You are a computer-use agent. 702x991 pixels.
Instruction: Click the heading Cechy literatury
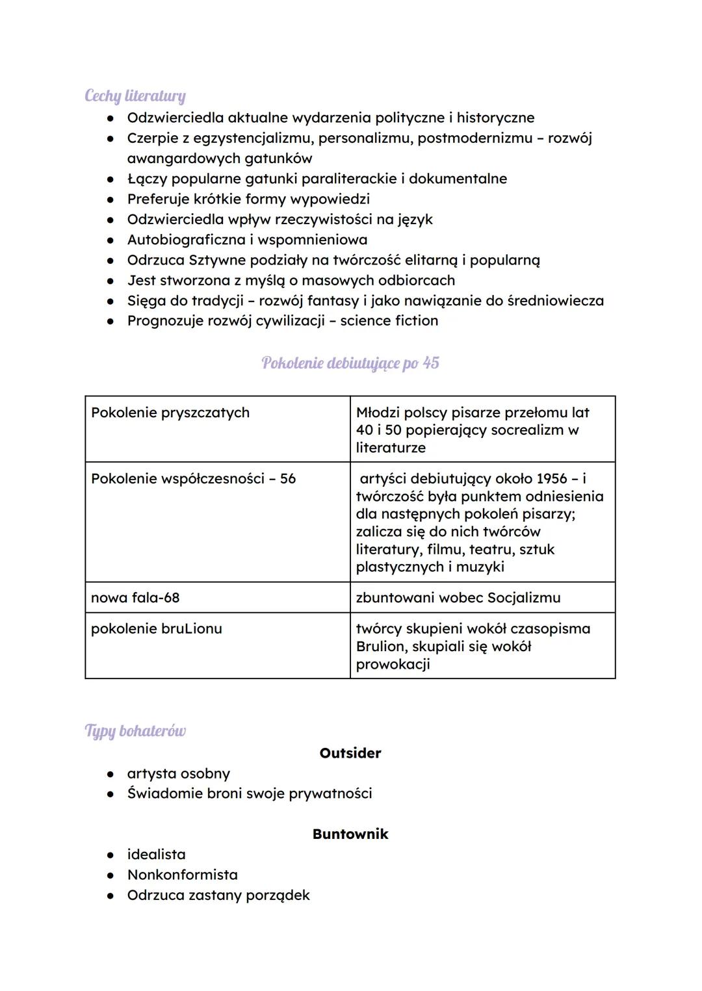click(x=135, y=96)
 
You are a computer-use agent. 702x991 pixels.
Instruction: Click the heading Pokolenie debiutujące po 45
click(x=350, y=363)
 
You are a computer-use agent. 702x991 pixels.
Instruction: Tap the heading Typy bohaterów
click(x=135, y=731)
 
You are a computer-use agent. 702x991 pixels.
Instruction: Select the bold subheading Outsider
click(x=350, y=753)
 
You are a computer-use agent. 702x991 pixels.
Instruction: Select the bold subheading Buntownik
click(x=350, y=834)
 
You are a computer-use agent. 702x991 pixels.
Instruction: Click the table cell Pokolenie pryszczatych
click(x=170, y=413)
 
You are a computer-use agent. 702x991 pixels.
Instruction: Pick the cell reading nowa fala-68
click(x=135, y=598)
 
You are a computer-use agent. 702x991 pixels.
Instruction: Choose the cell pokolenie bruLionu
click(x=157, y=629)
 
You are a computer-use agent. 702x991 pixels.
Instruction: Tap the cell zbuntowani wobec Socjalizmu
click(x=458, y=598)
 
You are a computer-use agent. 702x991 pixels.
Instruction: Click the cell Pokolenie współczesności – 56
click(x=193, y=479)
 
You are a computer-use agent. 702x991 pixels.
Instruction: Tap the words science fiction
click(x=389, y=321)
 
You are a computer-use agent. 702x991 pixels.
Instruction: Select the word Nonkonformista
click(x=183, y=875)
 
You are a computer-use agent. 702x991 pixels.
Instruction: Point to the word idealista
click(x=156, y=855)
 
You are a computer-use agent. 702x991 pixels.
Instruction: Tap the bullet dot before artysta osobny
click(x=112, y=775)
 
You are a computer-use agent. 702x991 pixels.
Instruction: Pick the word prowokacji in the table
click(x=393, y=664)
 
